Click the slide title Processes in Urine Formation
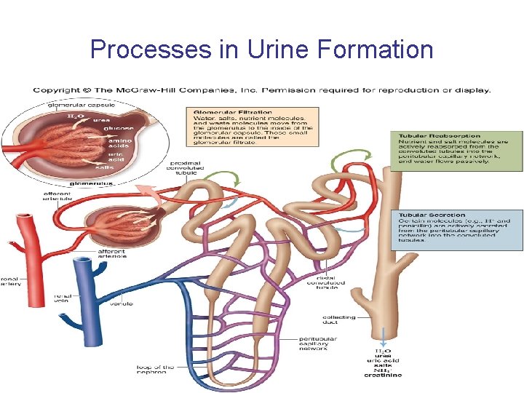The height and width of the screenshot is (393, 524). [261, 49]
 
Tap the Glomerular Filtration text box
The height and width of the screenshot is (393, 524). [252, 127]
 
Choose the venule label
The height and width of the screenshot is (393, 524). [122, 303]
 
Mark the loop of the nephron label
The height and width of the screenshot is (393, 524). [155, 370]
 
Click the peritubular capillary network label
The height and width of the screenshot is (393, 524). [318, 344]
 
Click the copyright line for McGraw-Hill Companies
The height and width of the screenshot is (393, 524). [261, 91]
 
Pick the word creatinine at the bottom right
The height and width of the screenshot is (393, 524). [382, 375]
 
